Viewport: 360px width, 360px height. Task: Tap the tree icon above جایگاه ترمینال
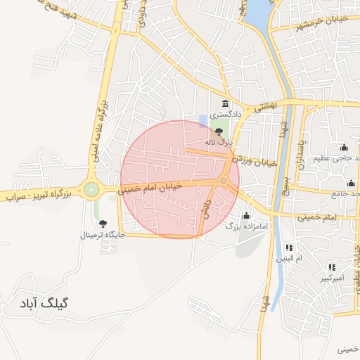103,224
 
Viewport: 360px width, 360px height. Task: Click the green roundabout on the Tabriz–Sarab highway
91,188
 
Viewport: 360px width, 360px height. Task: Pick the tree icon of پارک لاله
219,131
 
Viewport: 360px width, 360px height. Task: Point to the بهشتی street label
266,105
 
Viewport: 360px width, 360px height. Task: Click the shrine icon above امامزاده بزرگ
246,215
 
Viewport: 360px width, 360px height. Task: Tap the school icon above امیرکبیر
331,267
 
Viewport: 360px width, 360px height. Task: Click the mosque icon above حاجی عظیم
343,147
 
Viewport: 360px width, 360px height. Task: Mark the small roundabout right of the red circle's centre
224,181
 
